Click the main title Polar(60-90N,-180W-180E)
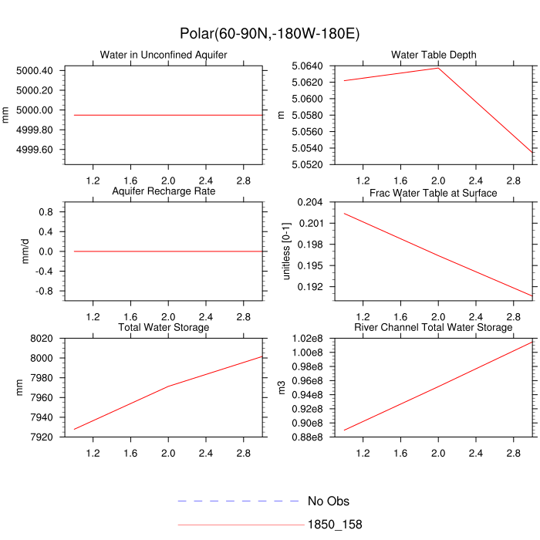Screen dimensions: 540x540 point(269,34)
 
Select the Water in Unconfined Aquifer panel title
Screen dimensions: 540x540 point(164,55)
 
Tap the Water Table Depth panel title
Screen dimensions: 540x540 point(434,55)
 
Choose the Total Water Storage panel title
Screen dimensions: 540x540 point(164,328)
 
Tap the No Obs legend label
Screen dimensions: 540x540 point(328,501)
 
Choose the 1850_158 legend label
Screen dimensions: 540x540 point(335,525)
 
